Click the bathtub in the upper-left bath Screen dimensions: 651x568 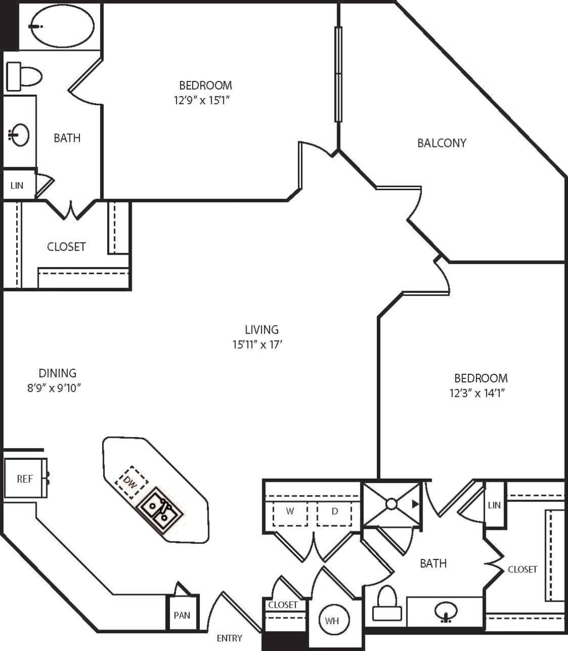tap(62, 26)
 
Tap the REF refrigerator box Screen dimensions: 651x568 tap(25, 479)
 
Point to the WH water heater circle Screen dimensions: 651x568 tap(332, 620)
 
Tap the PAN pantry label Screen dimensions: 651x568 tap(182, 615)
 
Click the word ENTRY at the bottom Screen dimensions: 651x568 tap(229, 638)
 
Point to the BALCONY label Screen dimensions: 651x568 tap(441, 143)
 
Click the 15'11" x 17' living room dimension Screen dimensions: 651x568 tap(257, 345)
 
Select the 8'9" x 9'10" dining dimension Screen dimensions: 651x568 tap(55, 388)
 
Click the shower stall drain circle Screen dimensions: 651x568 tap(391, 504)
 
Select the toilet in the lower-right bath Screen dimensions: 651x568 tap(387, 603)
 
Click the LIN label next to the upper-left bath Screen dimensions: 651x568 tap(17, 185)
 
